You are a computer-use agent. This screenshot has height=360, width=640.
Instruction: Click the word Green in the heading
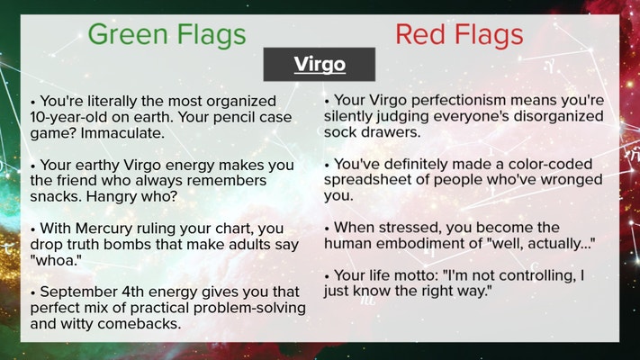pos(128,34)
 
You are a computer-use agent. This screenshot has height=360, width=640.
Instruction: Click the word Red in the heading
pos(420,34)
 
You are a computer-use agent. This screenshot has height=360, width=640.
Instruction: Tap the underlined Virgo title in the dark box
pos(320,64)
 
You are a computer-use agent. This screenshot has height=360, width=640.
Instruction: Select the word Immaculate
pos(122,132)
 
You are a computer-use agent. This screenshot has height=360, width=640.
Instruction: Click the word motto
pos(418,275)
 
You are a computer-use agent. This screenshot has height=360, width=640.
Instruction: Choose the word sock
pos(338,132)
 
